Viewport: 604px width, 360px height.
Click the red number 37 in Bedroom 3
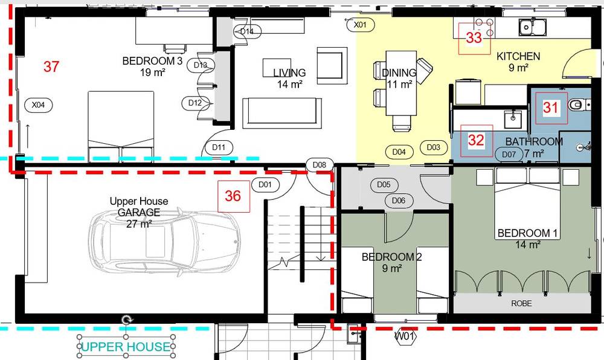pos(51,66)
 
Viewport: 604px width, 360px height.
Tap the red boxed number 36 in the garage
pos(233,196)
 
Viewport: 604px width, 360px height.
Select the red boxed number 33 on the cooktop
pos(474,38)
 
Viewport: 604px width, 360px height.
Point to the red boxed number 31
pos(551,108)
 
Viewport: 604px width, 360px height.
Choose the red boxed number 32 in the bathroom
pos(477,141)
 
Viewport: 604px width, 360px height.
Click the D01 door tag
pos(265,184)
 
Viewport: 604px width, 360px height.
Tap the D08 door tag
pos(320,165)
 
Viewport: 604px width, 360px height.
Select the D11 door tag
pos(219,147)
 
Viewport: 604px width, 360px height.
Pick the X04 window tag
pos(38,104)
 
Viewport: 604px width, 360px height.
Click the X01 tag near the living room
pos(360,25)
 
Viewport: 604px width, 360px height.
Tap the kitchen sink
pos(532,27)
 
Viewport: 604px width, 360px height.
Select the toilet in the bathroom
pos(579,104)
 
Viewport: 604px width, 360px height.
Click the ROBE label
pos(521,303)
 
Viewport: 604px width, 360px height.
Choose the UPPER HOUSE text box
pos(126,347)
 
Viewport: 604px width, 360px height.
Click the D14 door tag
pos(247,31)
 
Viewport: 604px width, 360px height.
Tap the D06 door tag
pos(399,201)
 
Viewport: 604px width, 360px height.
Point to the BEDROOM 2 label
pos(391,257)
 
